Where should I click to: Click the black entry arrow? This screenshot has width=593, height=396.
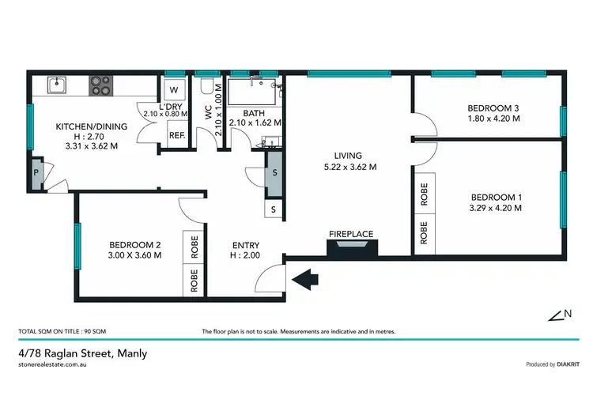click(x=304, y=277)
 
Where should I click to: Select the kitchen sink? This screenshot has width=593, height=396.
click(x=57, y=84)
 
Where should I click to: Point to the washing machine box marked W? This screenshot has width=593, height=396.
click(x=174, y=88)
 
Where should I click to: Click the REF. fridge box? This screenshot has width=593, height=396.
click(x=176, y=134)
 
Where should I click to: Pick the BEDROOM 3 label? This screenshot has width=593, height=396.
click(x=493, y=108)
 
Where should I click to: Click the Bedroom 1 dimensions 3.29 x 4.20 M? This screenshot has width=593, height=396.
click(x=496, y=209)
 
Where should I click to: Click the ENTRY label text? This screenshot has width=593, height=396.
click(x=244, y=246)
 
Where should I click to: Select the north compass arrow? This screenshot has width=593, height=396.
click(x=560, y=315)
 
